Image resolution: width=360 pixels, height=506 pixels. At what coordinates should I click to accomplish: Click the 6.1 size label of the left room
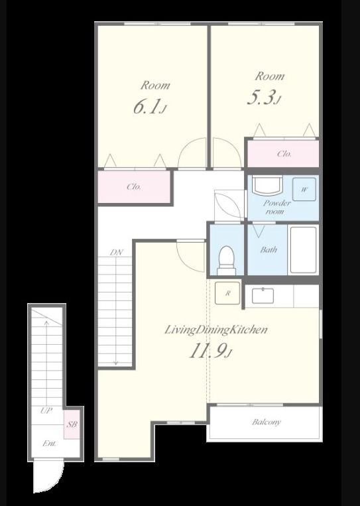pos(149,107)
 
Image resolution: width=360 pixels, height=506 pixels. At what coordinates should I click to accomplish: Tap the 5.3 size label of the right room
pos(263,97)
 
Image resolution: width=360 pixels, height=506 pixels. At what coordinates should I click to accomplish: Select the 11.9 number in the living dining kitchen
pos(210,350)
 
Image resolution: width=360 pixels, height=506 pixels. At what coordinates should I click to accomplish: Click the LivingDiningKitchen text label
pos(216,330)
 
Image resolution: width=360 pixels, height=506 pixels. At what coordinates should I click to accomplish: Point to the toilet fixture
pos(226,261)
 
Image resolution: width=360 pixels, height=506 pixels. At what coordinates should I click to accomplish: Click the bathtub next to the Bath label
pos(303,250)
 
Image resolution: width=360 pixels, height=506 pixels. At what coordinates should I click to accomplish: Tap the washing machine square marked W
pos(304,189)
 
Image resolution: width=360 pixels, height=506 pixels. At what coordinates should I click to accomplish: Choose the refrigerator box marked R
pos(227,293)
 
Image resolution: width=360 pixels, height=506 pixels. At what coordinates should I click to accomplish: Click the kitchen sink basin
pos(263,296)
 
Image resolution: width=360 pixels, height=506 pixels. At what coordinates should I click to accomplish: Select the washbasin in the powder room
pos(267,186)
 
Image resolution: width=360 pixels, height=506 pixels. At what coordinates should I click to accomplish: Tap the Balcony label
pos(267,422)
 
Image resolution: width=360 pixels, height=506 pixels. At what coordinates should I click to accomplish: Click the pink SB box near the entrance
pos(72,424)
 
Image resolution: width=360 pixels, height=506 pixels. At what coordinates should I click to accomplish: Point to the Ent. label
pos(49,444)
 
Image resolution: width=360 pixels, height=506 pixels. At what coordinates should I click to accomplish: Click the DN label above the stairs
pos(117,253)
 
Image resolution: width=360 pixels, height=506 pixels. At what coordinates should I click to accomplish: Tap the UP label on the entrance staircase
pos(46,411)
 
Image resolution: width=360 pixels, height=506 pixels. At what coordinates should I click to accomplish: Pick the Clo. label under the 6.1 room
pos(133,186)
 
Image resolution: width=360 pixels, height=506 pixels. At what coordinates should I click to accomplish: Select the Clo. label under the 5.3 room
pos(284,154)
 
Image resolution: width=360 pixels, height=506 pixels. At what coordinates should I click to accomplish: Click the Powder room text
pos(276,207)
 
